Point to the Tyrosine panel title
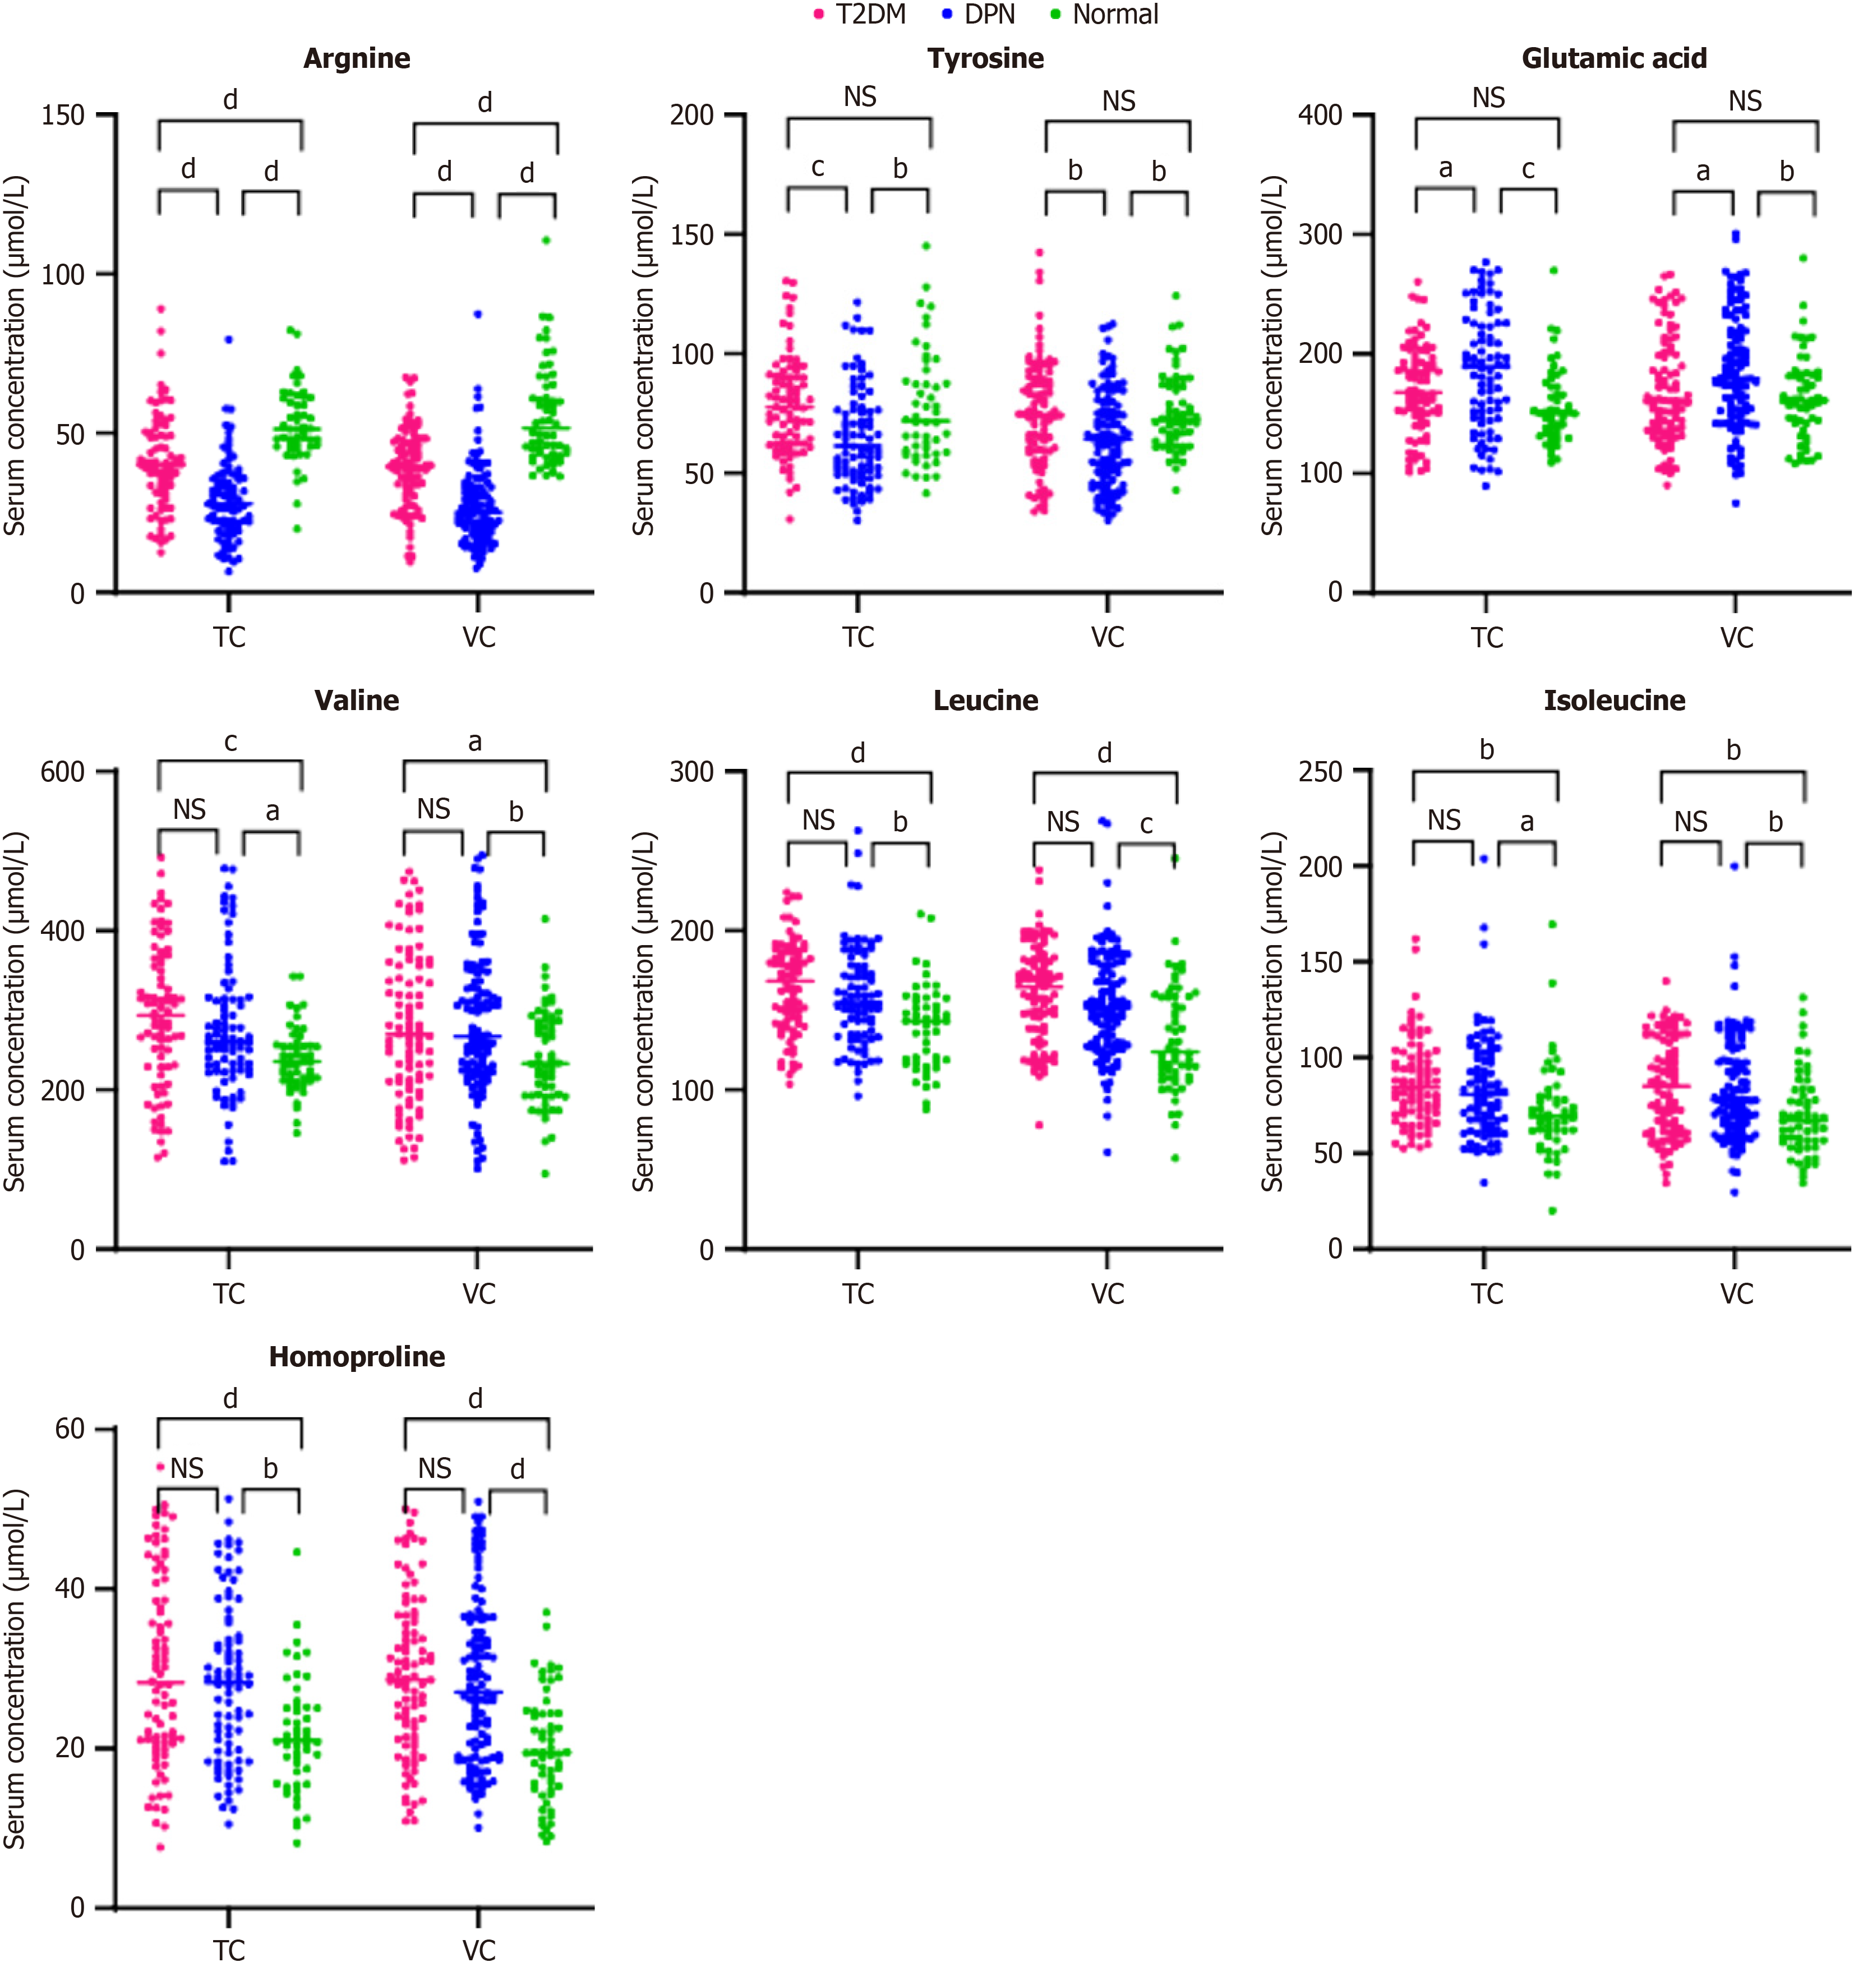[985, 58]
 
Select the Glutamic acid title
[1613, 58]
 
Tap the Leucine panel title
[985, 701]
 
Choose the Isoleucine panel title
[1613, 701]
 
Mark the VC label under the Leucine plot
[1107, 1294]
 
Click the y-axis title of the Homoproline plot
[14, 1668]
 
